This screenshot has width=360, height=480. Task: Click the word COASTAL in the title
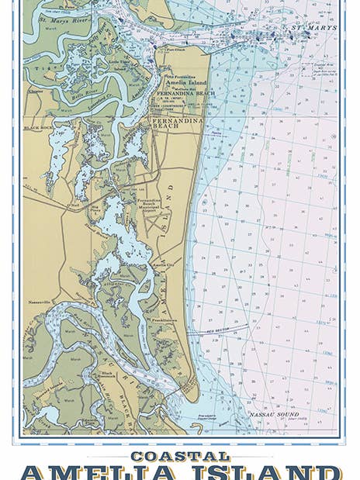pyautogui.click(x=179, y=456)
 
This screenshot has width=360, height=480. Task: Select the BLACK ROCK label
pyautogui.click(x=36, y=126)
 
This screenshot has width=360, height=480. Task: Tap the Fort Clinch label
pyautogui.click(x=187, y=48)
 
